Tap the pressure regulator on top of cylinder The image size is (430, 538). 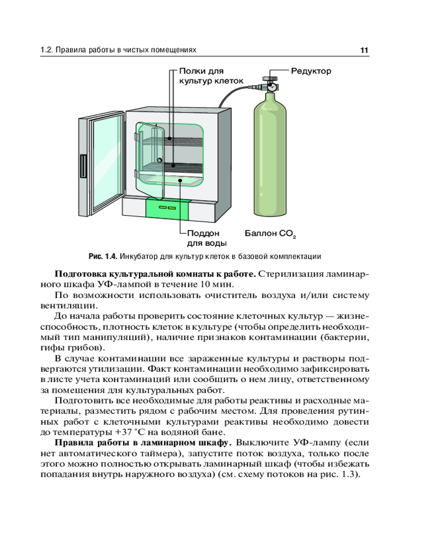click(270, 84)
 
